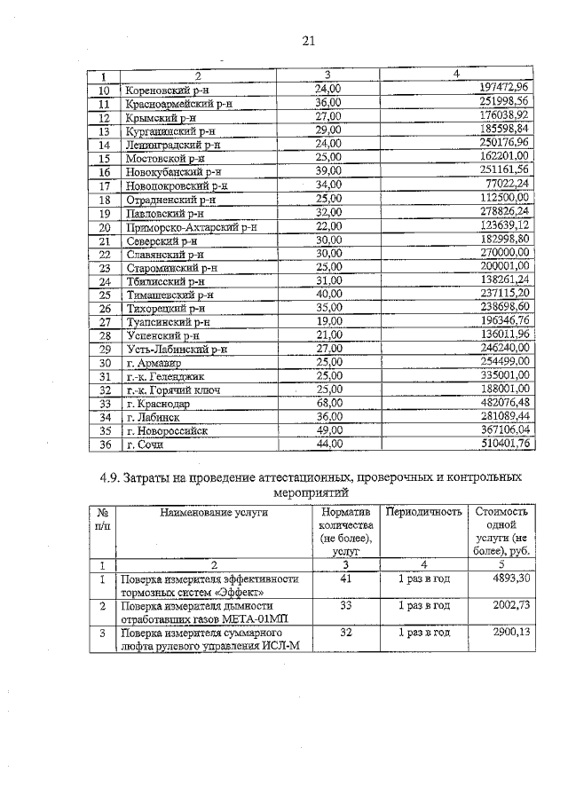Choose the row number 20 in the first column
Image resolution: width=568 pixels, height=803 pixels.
coord(104,227)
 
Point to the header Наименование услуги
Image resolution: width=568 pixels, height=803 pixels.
coord(213,513)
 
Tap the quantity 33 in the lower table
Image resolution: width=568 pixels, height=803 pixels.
coord(346,605)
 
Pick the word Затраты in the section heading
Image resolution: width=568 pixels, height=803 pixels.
coord(144,479)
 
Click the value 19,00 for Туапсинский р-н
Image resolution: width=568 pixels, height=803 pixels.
coord(328,321)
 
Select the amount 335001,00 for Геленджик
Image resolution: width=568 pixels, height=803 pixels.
coord(503,376)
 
